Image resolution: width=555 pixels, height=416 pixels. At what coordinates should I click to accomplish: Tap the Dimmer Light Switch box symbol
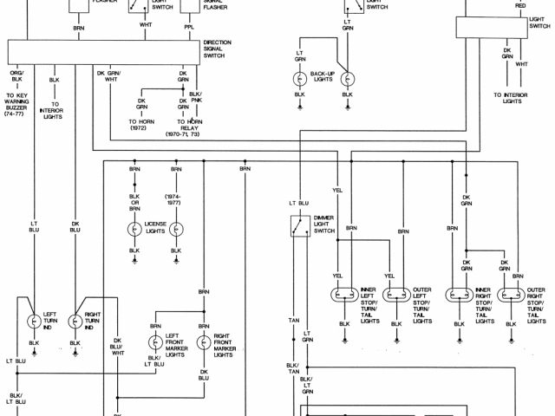coord(301,225)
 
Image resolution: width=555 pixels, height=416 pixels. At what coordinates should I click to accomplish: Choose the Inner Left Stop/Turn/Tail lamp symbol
coord(342,295)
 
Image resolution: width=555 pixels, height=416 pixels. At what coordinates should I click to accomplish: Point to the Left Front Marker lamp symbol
coord(155,341)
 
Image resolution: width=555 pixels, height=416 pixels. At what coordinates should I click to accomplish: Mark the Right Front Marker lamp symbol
coord(205,341)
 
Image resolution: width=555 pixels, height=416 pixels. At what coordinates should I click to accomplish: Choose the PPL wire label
coord(188,28)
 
